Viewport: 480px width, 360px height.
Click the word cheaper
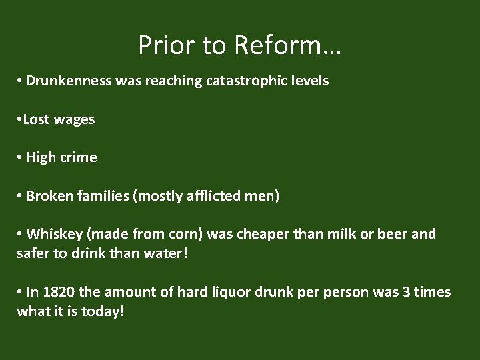(263, 234)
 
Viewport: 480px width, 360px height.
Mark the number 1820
(58, 292)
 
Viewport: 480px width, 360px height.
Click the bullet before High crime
(21, 158)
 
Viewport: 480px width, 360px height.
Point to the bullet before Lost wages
(21, 120)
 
